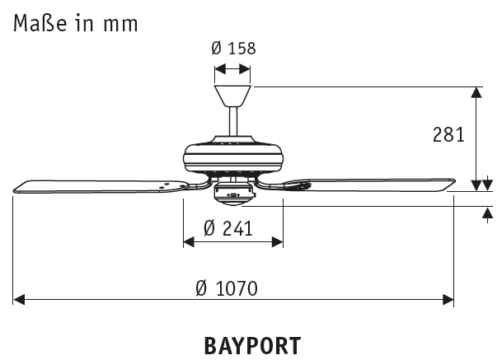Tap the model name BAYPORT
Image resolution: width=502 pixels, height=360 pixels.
tap(251, 344)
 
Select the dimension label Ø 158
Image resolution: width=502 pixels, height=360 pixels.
tap(232, 49)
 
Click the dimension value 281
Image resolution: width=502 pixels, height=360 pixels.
tap(449, 134)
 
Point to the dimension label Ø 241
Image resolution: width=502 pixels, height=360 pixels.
tap(227, 227)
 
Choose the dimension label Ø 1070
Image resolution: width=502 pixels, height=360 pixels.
tap(227, 288)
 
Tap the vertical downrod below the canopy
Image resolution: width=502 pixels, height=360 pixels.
tap(233, 123)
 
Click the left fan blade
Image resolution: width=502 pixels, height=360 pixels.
tap(99, 184)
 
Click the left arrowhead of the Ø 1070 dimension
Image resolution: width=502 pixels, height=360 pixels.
tap(20, 299)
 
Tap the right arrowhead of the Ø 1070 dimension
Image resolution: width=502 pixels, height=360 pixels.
tap(447, 299)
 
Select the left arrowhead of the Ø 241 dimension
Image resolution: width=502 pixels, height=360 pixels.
tap(189, 241)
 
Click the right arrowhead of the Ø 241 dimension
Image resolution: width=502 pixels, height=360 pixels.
tap(277, 241)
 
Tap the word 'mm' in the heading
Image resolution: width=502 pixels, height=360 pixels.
tap(120, 23)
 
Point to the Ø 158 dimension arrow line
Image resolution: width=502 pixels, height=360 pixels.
tap(232, 71)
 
